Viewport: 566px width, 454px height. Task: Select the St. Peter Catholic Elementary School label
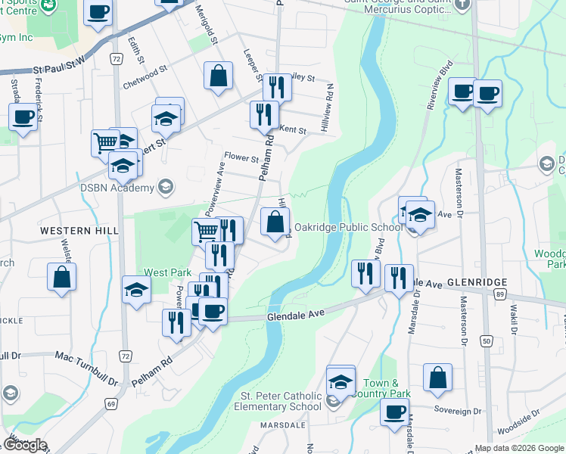tap(281, 401)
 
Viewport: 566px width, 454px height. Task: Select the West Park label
tap(167, 272)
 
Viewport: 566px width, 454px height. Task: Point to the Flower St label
tap(245, 159)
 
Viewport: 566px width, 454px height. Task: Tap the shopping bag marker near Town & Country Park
tap(437, 378)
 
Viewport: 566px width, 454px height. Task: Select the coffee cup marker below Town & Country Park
tap(394, 413)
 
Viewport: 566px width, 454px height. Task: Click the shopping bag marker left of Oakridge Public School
tap(275, 222)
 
